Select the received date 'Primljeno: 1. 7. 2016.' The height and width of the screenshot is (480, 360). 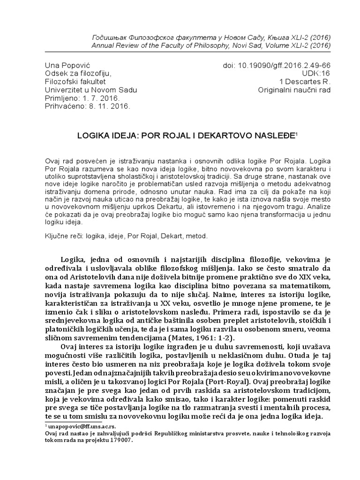pyautogui.click(x=82, y=98)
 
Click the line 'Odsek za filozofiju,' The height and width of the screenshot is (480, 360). pyautogui.click(x=78, y=73)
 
